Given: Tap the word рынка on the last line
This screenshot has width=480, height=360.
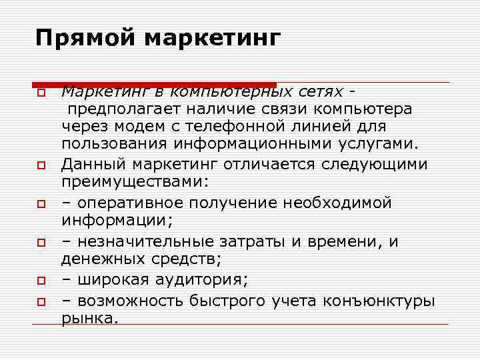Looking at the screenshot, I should tap(89, 319).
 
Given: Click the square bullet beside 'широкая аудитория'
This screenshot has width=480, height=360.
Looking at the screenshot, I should tap(41, 281).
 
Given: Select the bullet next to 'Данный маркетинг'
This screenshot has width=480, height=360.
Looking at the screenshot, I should tap(41, 164).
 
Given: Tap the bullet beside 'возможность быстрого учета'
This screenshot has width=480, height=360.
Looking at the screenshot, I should tap(41, 302).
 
